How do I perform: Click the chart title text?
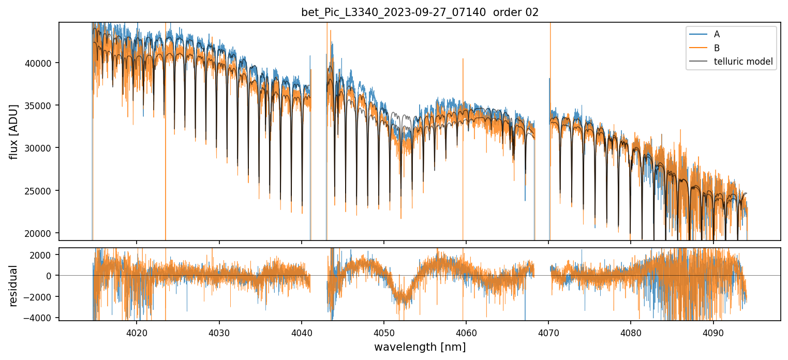(x=420, y=12)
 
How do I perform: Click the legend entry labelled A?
(x=717, y=34)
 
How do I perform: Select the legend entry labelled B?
(x=717, y=48)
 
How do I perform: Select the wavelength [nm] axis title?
(x=420, y=347)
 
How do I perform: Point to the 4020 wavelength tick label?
(x=137, y=332)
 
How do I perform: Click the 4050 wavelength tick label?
(x=384, y=332)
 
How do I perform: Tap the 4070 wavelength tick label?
(x=548, y=332)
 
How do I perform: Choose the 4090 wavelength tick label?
(x=713, y=332)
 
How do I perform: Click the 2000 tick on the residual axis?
(x=44, y=255)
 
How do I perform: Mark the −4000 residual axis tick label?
(x=42, y=318)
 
